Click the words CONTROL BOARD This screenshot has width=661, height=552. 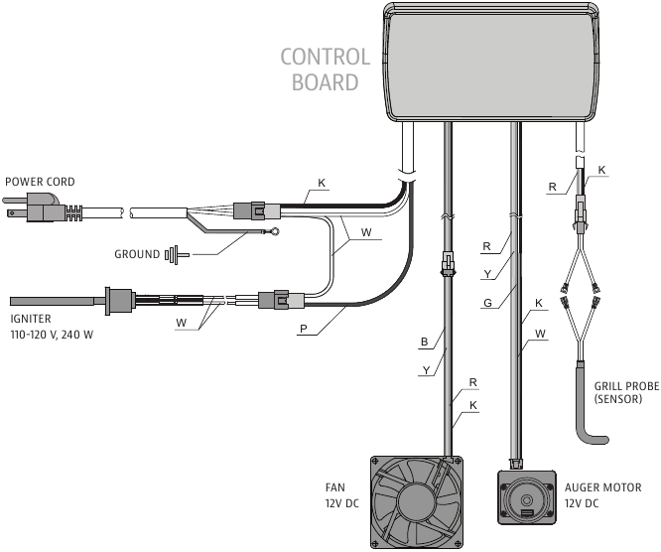coord(325,69)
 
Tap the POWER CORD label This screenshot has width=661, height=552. coord(40,183)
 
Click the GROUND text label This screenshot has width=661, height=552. coord(136,254)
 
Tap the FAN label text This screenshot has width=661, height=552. coord(338,487)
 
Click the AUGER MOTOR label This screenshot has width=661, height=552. coord(602,487)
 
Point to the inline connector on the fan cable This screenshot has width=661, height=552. coord(448,264)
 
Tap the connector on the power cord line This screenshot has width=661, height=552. coord(250,210)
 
